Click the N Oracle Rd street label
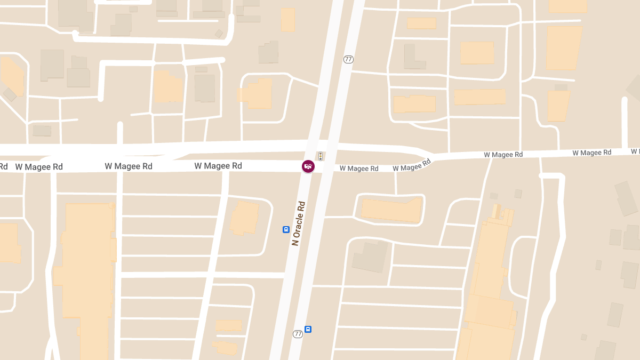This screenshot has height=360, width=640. click(x=298, y=223)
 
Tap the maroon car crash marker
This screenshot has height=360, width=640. click(x=308, y=166)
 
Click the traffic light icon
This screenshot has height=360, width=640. click(x=320, y=156)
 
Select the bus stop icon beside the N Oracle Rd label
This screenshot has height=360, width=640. click(x=286, y=230)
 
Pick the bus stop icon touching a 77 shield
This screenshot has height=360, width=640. click(x=308, y=329)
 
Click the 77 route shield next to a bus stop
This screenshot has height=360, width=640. click(x=298, y=334)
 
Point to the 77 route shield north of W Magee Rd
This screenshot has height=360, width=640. click(x=348, y=59)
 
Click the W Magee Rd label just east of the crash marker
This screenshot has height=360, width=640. click(x=359, y=169)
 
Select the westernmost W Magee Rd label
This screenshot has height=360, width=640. click(x=39, y=167)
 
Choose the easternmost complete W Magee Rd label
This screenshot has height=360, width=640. click(x=591, y=153)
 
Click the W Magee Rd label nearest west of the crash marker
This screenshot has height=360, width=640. click(x=218, y=166)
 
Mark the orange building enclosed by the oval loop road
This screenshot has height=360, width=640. click(x=391, y=209)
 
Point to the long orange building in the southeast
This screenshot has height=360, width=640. click(x=488, y=288)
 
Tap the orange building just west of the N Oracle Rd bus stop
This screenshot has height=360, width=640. click(x=245, y=218)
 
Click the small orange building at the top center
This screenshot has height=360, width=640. click(x=288, y=20)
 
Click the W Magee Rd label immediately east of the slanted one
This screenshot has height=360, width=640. click(x=503, y=155)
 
